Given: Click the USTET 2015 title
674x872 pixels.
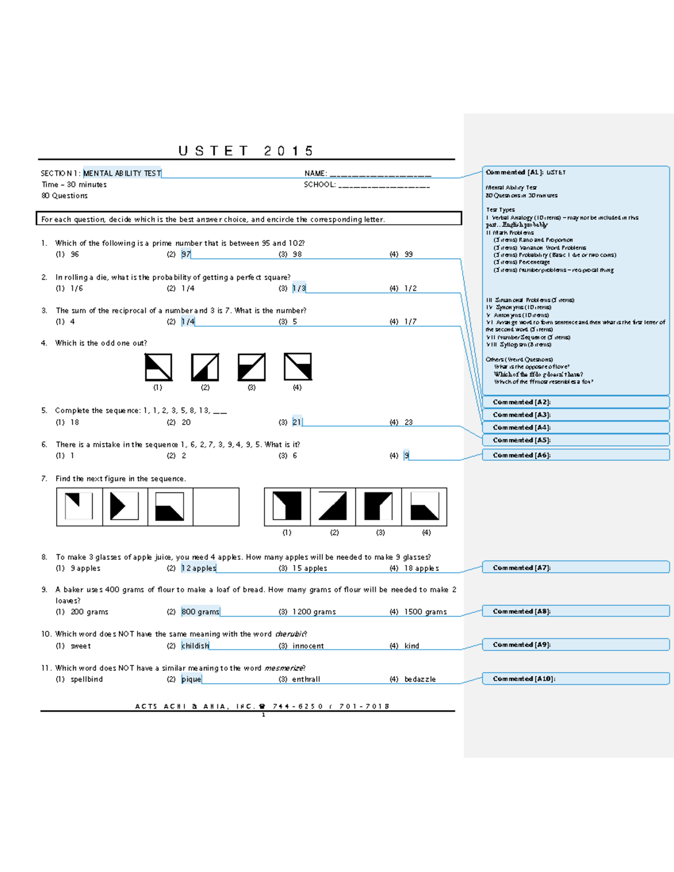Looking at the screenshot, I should [x=245, y=151].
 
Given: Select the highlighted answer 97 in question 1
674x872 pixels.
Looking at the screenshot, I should [x=186, y=254].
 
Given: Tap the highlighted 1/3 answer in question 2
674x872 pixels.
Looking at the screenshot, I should [x=299, y=288].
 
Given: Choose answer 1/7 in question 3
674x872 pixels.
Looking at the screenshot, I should [x=410, y=322].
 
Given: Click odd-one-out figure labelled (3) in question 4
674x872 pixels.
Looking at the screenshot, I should [x=251, y=367].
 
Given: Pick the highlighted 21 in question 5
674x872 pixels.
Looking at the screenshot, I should [x=297, y=422].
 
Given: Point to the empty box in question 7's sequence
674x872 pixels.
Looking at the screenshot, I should [x=216, y=507].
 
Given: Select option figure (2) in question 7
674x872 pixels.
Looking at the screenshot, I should [x=333, y=506].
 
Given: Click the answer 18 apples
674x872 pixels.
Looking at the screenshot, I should [x=421, y=568].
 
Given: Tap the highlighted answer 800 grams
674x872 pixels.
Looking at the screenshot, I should [x=201, y=612].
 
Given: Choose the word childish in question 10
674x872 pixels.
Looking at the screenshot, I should [x=195, y=646].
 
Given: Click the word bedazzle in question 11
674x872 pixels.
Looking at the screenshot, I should [x=420, y=679].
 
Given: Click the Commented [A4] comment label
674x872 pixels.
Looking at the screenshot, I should [x=522, y=427].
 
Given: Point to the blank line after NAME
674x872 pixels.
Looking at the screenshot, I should [x=380, y=174].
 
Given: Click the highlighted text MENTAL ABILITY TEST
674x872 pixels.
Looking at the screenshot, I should [x=122, y=174].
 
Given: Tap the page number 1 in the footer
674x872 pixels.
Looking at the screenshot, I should [x=263, y=715].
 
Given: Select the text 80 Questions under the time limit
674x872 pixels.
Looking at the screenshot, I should [x=65, y=196].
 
